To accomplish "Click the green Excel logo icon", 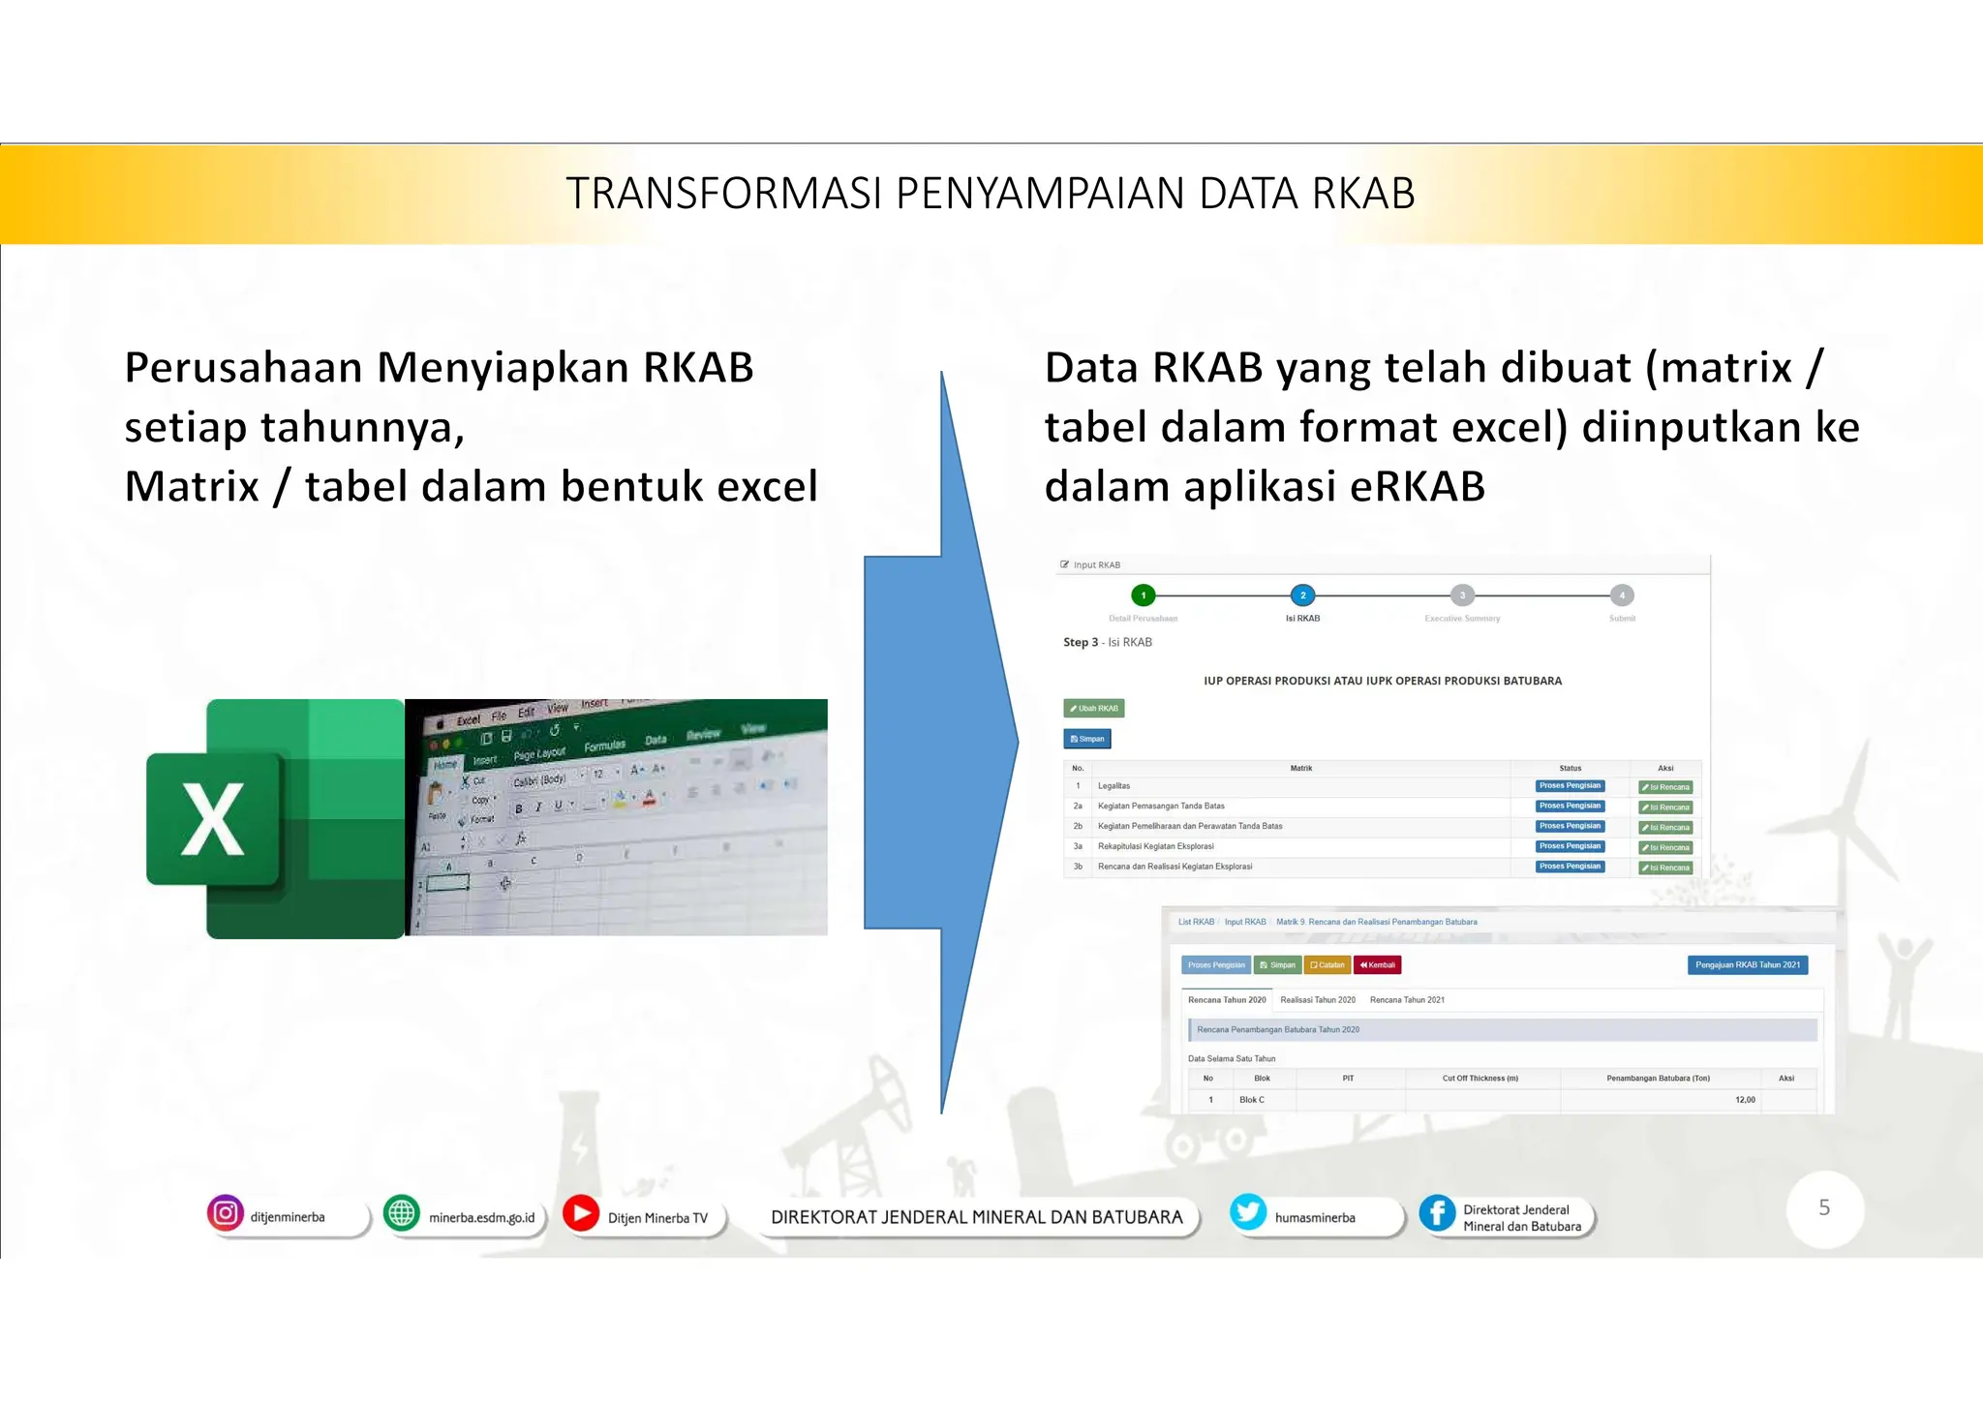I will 275,819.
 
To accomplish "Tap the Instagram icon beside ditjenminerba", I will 225,1213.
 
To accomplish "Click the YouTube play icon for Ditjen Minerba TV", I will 581,1213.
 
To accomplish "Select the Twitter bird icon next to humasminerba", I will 1248,1212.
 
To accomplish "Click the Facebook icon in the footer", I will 1437,1213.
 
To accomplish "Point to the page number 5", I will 1824,1208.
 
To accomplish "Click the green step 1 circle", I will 1144,595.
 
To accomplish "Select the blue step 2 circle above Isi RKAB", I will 1302,595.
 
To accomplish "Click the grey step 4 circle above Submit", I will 1622,595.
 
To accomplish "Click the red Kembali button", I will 1377,965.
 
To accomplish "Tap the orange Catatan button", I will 1327,965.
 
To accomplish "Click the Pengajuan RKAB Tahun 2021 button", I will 1747,965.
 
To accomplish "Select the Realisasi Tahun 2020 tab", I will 1317,1000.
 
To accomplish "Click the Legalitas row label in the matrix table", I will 1114,786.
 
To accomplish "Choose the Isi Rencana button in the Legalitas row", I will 1665,787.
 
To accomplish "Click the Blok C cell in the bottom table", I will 1251,1100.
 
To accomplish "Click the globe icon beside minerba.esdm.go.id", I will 401,1213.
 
